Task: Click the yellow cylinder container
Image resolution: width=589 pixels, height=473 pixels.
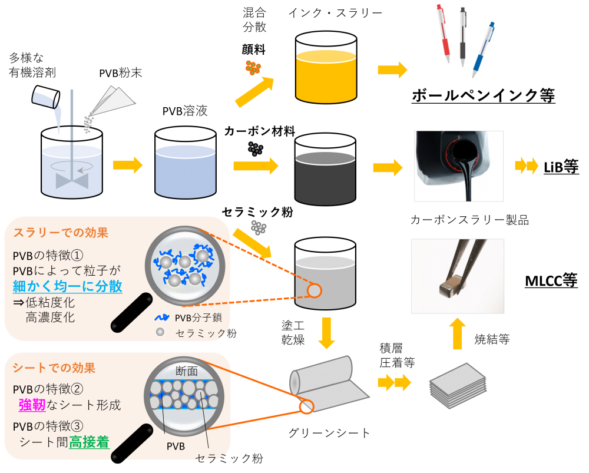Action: (326, 77)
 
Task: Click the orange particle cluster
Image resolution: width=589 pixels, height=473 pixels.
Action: (253, 68)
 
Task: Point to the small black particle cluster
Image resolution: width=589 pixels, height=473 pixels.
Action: (255, 148)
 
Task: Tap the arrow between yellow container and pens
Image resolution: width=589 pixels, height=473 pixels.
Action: (392, 70)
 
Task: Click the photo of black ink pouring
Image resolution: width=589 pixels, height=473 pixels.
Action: (459, 166)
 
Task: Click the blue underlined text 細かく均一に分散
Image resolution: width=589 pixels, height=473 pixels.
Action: (67, 287)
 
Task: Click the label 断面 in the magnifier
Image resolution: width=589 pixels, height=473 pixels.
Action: (187, 371)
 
